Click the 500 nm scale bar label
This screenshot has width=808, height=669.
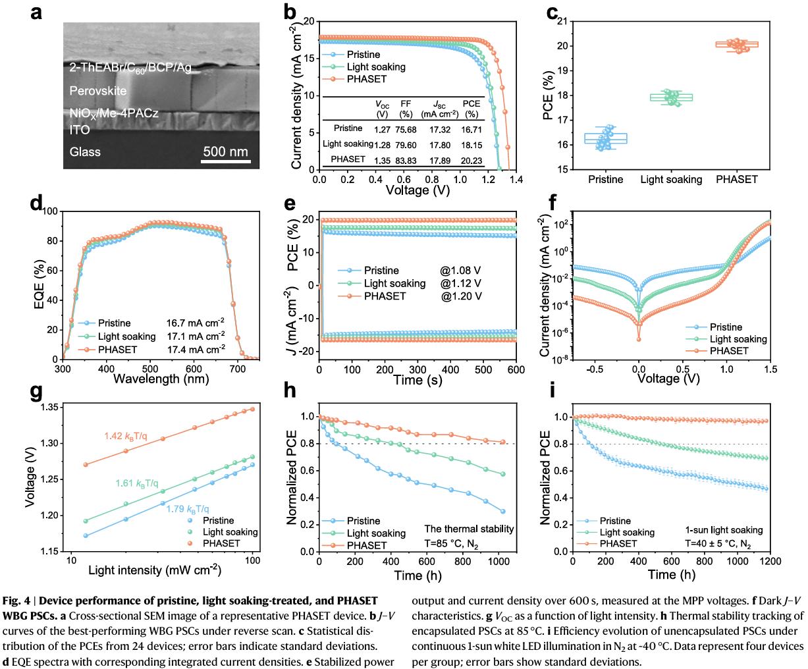click(225, 151)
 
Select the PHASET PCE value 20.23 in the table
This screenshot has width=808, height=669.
click(471, 159)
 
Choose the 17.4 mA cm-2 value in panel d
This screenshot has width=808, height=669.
click(198, 349)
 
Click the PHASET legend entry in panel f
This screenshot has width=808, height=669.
click(729, 351)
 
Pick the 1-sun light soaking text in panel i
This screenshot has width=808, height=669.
click(724, 529)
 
